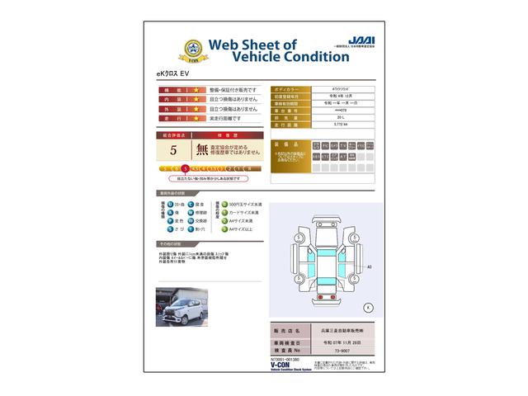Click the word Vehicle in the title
[239, 57]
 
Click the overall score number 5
[173, 150]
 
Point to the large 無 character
[202, 150]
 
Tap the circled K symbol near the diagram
[368, 307]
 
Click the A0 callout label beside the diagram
[369, 267]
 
